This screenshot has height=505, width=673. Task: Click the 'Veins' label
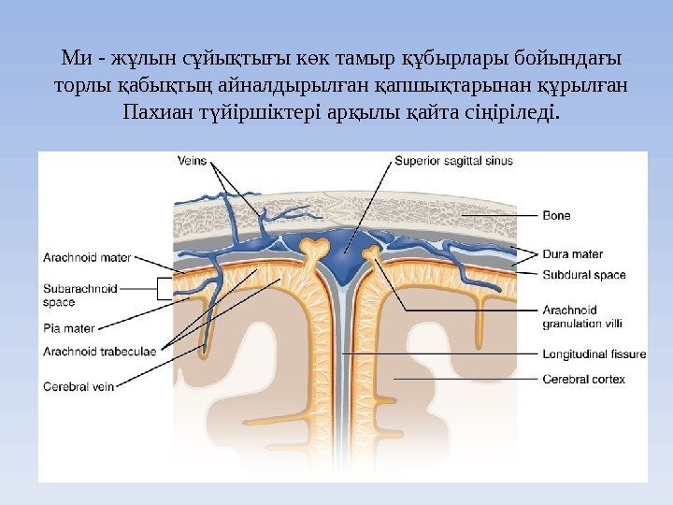pyautogui.click(x=192, y=160)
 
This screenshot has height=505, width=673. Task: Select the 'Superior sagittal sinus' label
pyautogui.click(x=453, y=160)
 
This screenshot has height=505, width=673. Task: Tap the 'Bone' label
pyautogui.click(x=556, y=216)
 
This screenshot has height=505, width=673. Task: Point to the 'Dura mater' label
pyautogui.click(x=572, y=253)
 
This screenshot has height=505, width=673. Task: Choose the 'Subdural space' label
pyautogui.click(x=584, y=275)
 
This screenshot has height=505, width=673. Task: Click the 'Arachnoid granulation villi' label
pyautogui.click(x=582, y=317)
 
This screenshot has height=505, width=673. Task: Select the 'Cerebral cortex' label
pyautogui.click(x=583, y=379)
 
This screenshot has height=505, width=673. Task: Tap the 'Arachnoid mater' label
pyautogui.click(x=88, y=253)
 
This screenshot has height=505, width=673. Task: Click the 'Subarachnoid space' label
pyautogui.click(x=80, y=296)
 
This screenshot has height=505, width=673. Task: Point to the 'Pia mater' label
pyautogui.click(x=69, y=328)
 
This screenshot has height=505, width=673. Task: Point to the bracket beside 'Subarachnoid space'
pyautogui.click(x=165, y=289)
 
